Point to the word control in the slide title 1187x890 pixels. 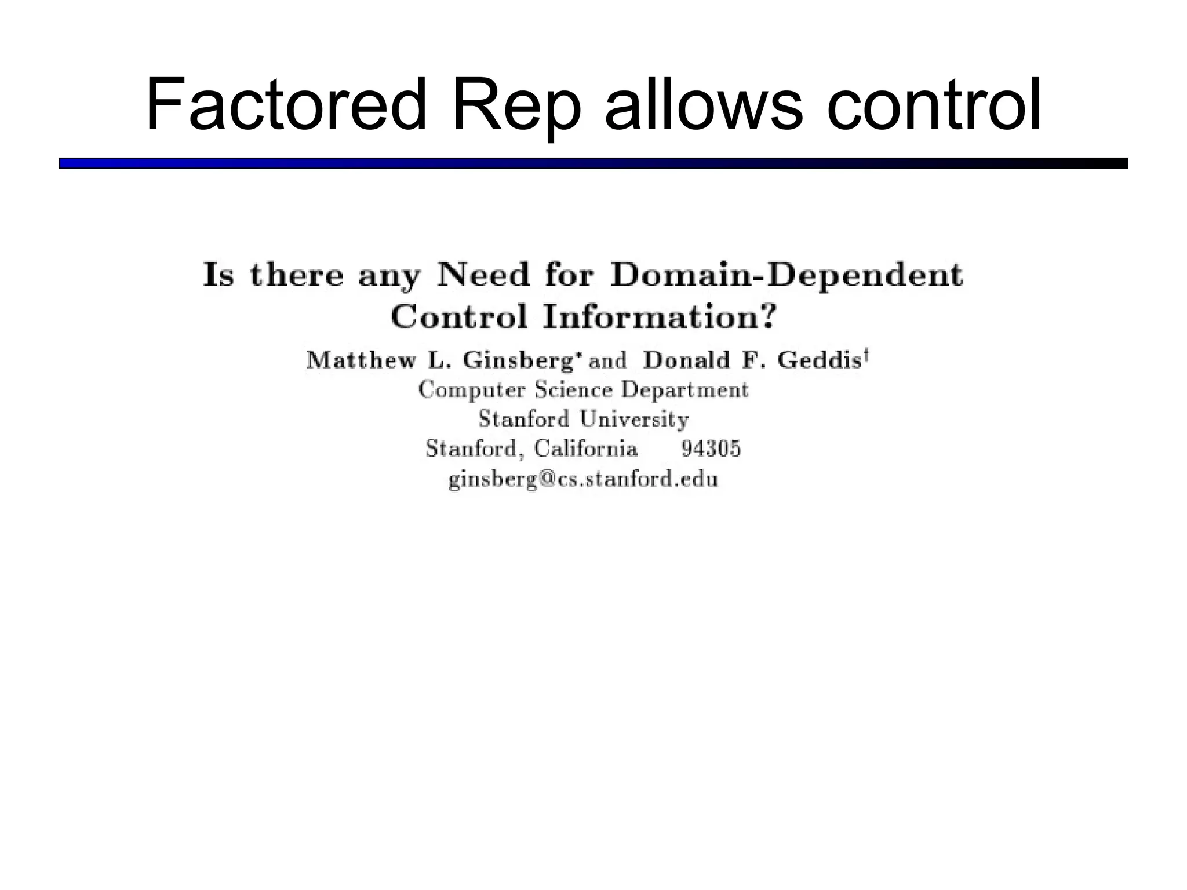tap(934, 105)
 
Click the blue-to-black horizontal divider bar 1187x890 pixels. tap(593, 163)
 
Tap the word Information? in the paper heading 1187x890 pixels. tap(658, 317)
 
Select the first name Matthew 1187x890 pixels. tap(362, 360)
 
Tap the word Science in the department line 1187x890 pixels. tap(573, 389)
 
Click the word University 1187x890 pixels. tap(634, 419)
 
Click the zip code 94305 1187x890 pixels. tap(711, 448)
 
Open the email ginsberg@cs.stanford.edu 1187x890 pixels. tap(583, 480)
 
